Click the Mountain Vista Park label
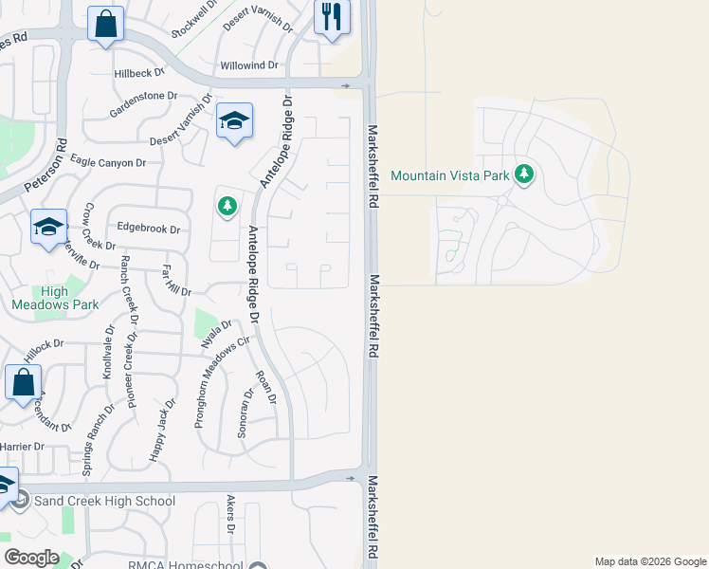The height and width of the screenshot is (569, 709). [449, 175]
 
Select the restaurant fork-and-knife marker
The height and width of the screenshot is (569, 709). [332, 17]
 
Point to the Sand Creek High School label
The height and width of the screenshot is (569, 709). [104, 501]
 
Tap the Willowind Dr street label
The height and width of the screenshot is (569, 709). [249, 65]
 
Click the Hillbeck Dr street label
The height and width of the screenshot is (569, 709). [139, 72]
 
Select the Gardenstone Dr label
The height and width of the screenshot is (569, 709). [143, 96]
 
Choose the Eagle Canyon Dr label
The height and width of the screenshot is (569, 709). [107, 163]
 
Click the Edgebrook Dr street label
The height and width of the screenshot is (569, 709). [148, 228]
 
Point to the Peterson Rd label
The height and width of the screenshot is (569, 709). [62, 162]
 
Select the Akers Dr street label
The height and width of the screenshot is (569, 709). [230, 515]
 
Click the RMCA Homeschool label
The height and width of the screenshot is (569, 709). [186, 565]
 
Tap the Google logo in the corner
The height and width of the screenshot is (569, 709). [31, 558]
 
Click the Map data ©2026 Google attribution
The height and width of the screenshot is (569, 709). [650, 561]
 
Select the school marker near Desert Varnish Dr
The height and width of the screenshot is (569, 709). [234, 120]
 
